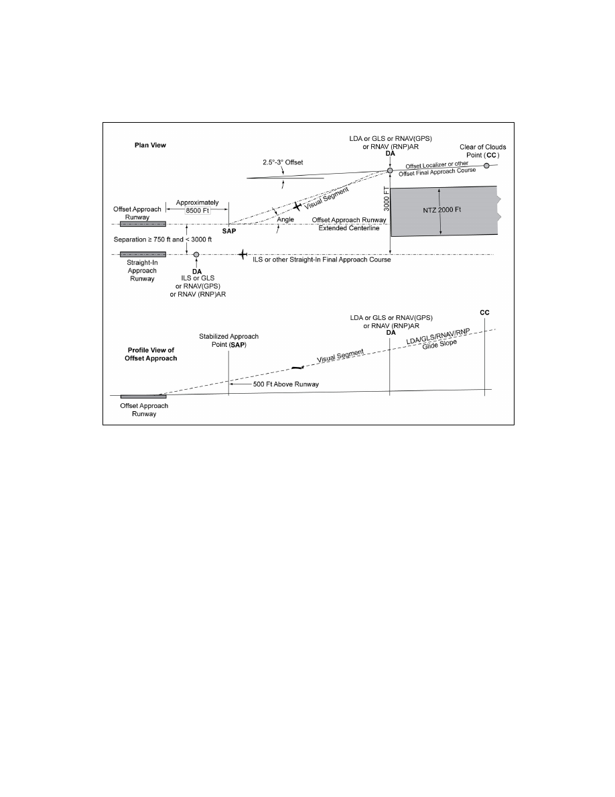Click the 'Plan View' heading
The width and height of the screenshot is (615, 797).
click(150, 145)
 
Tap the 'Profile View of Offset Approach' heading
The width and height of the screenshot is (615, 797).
click(151, 354)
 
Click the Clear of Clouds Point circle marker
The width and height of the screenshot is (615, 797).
click(486, 166)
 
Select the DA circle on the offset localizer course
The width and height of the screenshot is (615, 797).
click(390, 171)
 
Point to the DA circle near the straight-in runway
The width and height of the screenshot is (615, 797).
click(196, 255)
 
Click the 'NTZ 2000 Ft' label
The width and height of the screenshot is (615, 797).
click(442, 209)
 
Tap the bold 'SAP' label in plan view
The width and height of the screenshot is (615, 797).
click(229, 231)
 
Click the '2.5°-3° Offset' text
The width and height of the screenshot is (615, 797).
click(283, 162)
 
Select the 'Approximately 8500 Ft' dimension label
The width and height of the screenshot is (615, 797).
click(198, 207)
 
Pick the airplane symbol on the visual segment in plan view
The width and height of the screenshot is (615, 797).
click(297, 207)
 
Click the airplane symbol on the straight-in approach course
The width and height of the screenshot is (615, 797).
click(243, 254)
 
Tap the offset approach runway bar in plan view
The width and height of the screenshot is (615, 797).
click(143, 224)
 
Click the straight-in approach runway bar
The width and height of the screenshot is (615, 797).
click(143, 255)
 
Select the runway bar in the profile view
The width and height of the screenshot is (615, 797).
click(143, 396)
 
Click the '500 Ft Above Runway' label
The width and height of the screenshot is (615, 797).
click(285, 384)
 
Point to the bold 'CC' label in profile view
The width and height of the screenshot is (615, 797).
click(484, 313)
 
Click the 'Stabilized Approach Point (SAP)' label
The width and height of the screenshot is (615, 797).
click(229, 341)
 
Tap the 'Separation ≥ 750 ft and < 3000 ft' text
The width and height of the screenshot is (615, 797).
click(163, 240)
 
